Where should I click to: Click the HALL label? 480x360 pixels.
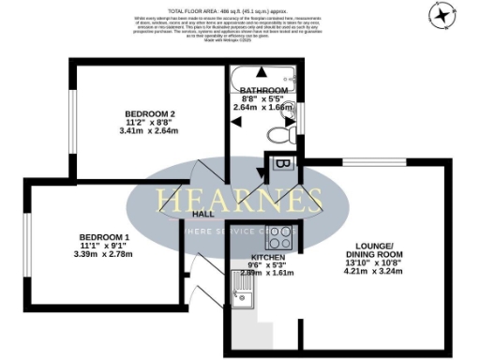point(203,214)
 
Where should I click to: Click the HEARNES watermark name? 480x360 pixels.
point(239,200)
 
